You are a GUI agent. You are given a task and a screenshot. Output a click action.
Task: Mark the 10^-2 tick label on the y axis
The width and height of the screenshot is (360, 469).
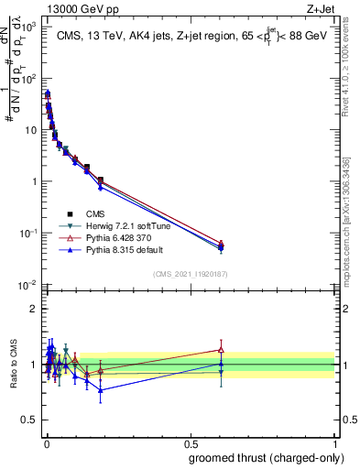[x=27, y=285]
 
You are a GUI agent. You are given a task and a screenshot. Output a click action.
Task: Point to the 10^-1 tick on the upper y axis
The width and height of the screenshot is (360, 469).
[x=27, y=234]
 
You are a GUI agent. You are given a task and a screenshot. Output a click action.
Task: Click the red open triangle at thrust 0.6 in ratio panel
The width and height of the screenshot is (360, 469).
[x=221, y=349]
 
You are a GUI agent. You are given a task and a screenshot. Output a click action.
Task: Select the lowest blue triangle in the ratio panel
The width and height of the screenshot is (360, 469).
[x=101, y=390]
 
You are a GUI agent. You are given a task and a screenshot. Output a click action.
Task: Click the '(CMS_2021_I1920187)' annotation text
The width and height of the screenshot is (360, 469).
[x=190, y=275]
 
